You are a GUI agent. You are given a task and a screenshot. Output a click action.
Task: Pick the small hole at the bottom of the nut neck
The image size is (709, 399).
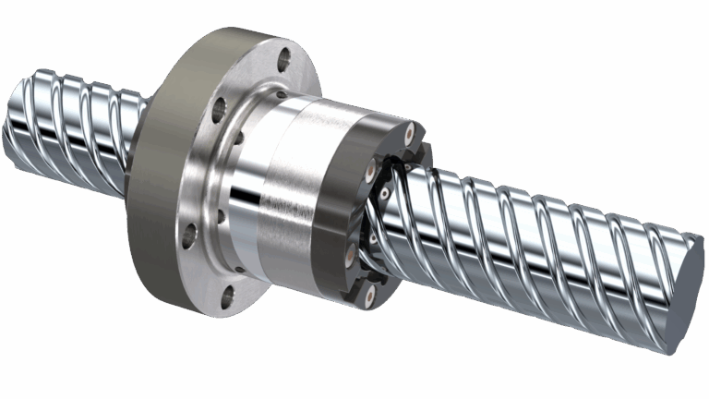click(239, 269)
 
